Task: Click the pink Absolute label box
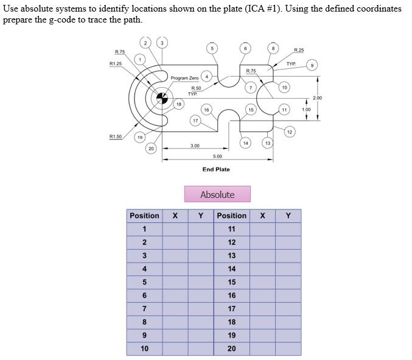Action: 217,194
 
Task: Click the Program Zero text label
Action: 184,78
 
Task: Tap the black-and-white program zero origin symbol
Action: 162,97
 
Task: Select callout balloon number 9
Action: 313,65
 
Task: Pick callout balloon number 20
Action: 151,149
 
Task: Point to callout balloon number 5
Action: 212,48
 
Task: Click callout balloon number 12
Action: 289,132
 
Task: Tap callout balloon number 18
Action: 178,105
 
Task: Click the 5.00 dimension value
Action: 217,157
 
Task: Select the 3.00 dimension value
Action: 195,146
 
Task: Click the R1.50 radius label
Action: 115,136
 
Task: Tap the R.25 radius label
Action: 299,50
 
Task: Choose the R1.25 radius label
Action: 116,63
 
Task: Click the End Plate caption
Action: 216,169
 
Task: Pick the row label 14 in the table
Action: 231,269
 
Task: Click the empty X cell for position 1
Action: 175,229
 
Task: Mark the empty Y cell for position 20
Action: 288,349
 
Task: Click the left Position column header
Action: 144,216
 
